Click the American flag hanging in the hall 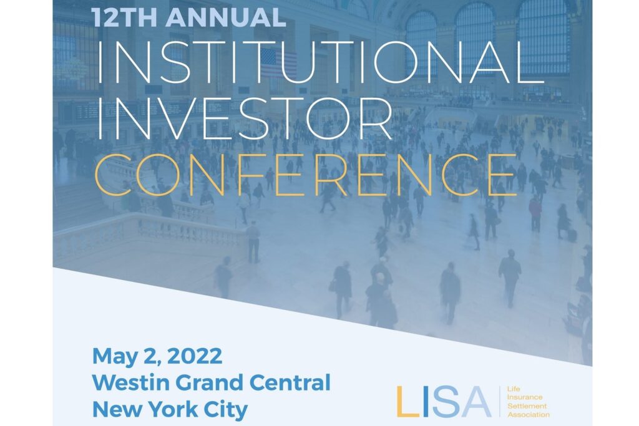pyautogui.click(x=278, y=63)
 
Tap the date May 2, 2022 pyautogui.click(x=157, y=356)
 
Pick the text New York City pyautogui.click(x=170, y=409)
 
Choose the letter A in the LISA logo pyautogui.click(x=476, y=402)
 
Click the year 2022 pyautogui.click(x=193, y=356)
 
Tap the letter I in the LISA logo pyautogui.click(x=426, y=402)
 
